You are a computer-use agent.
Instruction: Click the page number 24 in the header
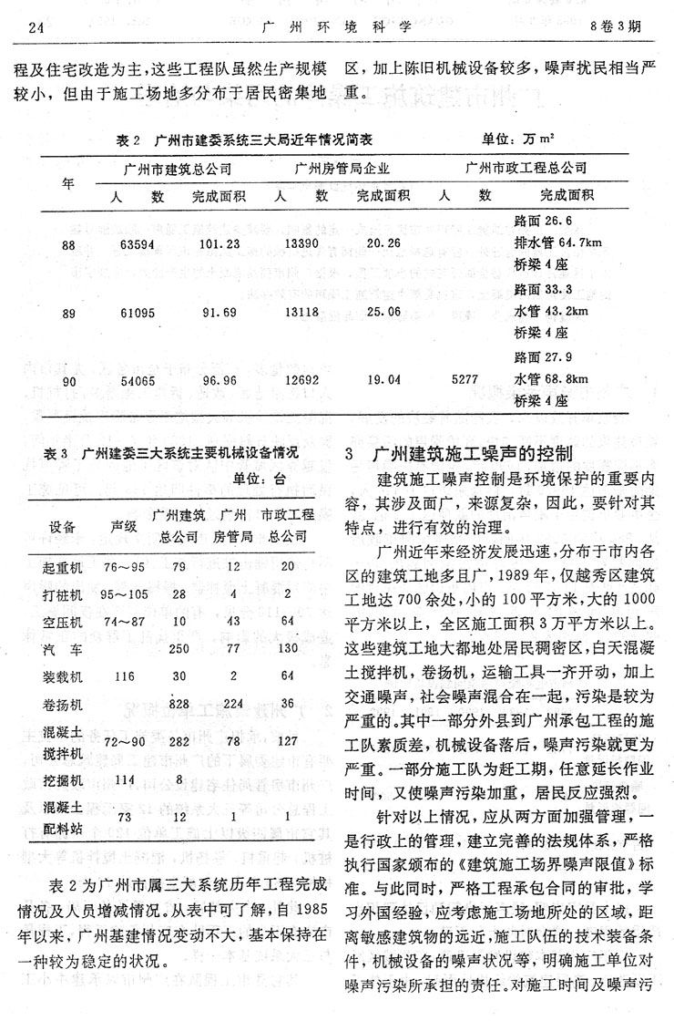click(36, 26)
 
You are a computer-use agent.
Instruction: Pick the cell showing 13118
click(301, 311)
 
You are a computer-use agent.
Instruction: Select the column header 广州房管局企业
click(342, 169)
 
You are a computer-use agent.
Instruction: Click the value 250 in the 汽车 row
click(179, 648)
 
